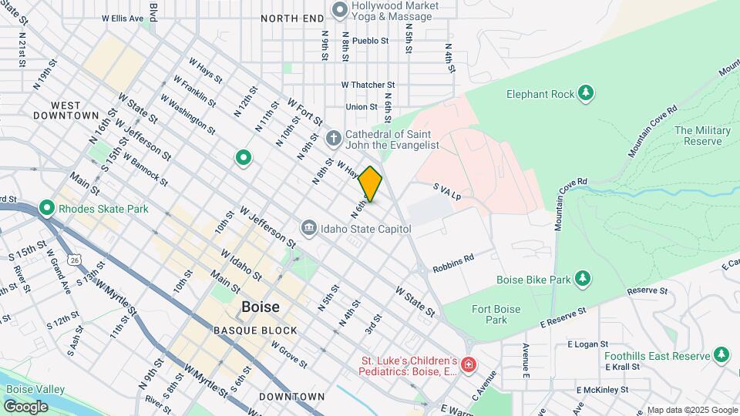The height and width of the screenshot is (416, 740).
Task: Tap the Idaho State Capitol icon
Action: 308,229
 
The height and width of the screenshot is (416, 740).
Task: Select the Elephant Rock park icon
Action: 587,94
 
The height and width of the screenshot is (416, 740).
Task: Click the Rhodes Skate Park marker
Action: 45,209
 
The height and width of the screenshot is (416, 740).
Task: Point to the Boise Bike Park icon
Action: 584,277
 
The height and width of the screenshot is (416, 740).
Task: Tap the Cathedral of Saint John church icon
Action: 333,139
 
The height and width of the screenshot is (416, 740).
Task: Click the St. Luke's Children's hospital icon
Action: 468,365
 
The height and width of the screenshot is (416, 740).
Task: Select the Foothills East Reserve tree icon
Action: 721,355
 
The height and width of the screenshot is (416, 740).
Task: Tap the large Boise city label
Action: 261,307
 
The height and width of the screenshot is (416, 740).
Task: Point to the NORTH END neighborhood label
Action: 292,18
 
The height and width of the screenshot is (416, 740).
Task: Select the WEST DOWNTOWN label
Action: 66,109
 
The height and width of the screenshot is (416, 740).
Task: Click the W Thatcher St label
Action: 368,85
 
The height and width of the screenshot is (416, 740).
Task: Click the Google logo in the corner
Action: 25,407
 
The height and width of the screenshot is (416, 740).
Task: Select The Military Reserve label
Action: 702,136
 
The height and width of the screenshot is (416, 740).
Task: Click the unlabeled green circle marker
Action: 244,159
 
